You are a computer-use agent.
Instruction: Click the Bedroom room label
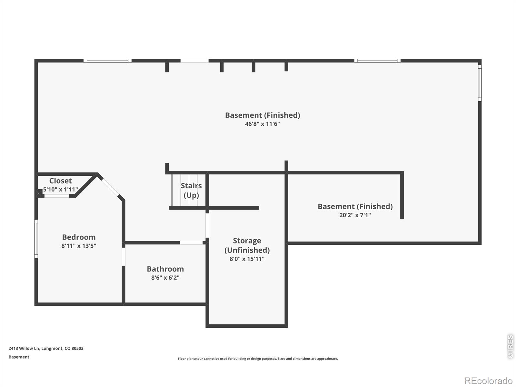click(x=79, y=237)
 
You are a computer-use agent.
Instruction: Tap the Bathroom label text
click(x=165, y=269)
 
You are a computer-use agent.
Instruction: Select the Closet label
click(x=60, y=181)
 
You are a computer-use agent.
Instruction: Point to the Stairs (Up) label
click(x=191, y=190)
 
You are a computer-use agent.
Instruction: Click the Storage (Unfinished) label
click(x=247, y=245)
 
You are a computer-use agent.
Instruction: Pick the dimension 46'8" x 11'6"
click(x=262, y=124)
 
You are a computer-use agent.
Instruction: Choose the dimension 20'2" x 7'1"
click(x=355, y=215)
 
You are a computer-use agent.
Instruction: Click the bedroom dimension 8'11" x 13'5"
click(x=79, y=246)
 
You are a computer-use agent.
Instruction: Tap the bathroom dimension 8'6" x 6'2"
click(x=165, y=278)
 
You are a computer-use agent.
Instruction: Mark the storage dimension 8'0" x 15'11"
click(x=247, y=259)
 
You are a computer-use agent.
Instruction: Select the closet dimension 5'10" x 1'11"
click(x=60, y=189)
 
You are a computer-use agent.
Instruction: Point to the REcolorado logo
click(x=488, y=381)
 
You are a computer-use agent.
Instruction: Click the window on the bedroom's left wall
click(x=36, y=239)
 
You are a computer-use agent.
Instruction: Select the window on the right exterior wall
click(x=480, y=83)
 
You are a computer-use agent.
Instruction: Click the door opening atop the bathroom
click(x=191, y=243)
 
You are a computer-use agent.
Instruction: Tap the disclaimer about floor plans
click(x=258, y=359)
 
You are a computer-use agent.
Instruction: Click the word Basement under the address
click(x=19, y=357)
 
